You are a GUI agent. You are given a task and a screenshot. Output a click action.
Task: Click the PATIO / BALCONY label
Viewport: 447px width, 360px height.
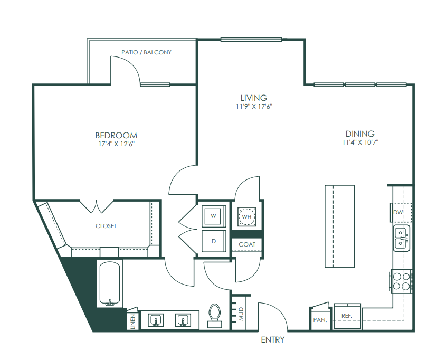[x=146, y=52]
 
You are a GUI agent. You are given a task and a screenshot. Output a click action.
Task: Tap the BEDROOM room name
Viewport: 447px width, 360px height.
[x=116, y=135]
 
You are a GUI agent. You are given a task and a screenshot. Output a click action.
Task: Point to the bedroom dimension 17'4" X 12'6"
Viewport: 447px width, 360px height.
[x=116, y=144]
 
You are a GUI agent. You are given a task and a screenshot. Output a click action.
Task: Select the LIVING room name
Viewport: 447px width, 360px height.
[x=254, y=98]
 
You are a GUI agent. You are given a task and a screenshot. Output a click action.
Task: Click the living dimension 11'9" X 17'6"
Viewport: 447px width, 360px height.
[x=254, y=107]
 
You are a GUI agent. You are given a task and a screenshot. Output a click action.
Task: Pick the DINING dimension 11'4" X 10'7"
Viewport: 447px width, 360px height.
[x=360, y=142]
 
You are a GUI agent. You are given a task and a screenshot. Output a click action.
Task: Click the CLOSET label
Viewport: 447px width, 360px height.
[x=106, y=226]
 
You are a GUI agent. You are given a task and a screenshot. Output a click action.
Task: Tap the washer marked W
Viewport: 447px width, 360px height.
[x=214, y=216]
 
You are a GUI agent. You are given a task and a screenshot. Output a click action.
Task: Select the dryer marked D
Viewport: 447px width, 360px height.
[x=214, y=241]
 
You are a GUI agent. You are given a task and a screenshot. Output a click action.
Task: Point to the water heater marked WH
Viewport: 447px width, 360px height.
[x=246, y=216]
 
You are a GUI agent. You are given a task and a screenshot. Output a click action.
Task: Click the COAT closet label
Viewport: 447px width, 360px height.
[x=247, y=244]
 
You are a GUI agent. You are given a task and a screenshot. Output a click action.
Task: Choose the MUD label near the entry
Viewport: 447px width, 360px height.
[x=241, y=314]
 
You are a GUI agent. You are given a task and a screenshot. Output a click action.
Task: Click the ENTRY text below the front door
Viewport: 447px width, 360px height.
[x=272, y=340]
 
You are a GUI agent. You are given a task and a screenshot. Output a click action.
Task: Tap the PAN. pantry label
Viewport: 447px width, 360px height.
[x=320, y=320]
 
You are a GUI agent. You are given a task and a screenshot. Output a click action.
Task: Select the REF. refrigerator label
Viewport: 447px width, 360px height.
[x=347, y=316]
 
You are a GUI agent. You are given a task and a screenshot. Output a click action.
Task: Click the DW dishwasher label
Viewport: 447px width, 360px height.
[x=398, y=212]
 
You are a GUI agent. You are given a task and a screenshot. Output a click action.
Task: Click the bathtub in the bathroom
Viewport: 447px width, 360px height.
[x=110, y=283]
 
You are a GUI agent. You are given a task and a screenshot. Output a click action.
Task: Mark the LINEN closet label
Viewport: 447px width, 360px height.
[x=133, y=321]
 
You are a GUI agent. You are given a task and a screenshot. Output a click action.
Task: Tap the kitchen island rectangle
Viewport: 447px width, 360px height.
[x=339, y=226]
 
